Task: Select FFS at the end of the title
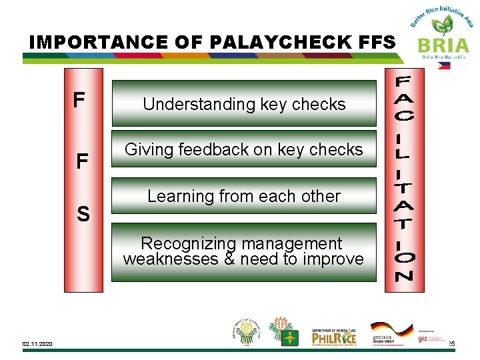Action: pos(375,42)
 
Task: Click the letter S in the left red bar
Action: pos(83,215)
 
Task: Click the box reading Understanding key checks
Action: pos(244,104)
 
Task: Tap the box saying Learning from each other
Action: pos(244,197)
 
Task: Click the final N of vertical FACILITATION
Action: pos(405,275)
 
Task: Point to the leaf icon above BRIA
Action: pos(441,25)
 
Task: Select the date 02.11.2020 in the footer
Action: pos(37,344)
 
